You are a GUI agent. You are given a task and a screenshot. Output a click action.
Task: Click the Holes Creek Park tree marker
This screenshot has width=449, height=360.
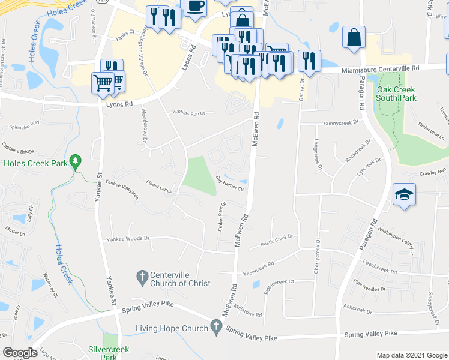click(x=75, y=161)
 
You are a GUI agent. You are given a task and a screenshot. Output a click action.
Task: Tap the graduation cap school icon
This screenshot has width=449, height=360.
click(x=405, y=194)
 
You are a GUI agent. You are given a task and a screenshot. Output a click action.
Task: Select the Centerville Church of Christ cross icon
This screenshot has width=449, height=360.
click(x=142, y=277)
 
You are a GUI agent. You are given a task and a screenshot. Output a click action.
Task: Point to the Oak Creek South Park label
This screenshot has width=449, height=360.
click(x=396, y=94)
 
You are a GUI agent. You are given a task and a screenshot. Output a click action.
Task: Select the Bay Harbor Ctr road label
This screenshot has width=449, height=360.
click(x=230, y=182)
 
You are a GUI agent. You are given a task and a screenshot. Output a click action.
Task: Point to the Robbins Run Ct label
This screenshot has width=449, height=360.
click(x=188, y=112)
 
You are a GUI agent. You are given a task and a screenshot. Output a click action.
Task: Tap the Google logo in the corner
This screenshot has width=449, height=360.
click(x=20, y=353)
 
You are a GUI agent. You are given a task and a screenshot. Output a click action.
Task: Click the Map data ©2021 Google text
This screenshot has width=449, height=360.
click(x=411, y=355)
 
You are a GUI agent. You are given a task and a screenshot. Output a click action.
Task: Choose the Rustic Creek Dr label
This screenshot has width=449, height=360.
click(x=276, y=239)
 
